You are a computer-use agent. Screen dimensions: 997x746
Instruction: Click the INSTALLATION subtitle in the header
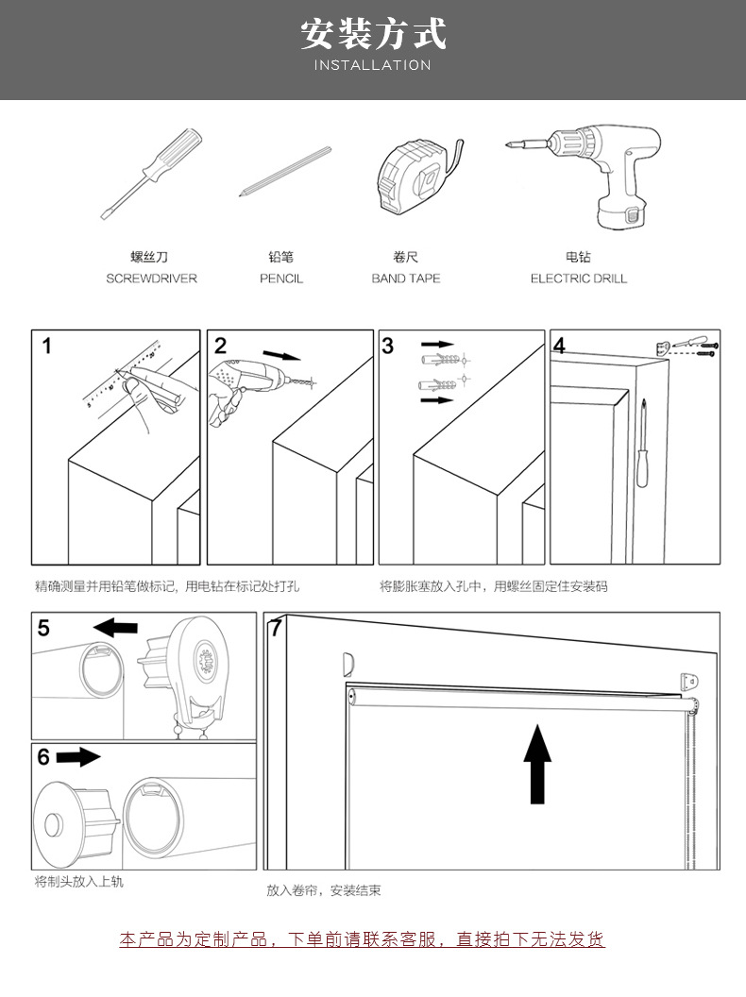(372, 65)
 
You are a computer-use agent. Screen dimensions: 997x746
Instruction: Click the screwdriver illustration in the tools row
(151, 175)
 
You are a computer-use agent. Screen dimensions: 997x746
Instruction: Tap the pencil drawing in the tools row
(284, 169)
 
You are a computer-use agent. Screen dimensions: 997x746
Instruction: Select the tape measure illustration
(415, 176)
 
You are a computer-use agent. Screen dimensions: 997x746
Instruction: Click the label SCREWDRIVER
(151, 279)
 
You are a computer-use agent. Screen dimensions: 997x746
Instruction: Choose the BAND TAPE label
(405, 279)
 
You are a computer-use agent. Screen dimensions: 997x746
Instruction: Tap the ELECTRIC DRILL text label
(578, 279)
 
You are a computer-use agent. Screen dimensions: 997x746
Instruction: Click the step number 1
(47, 346)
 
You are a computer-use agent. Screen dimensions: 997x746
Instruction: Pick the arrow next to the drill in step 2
(281, 356)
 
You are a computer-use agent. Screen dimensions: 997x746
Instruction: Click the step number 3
(388, 346)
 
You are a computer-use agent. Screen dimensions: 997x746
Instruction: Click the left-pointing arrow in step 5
(116, 627)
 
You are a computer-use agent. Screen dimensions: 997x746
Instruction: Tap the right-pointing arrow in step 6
(78, 757)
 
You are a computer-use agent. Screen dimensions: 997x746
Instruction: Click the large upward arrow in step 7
(537, 764)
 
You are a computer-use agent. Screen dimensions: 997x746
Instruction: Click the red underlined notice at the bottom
(362, 939)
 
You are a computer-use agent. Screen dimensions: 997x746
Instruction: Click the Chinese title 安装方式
(372, 34)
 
